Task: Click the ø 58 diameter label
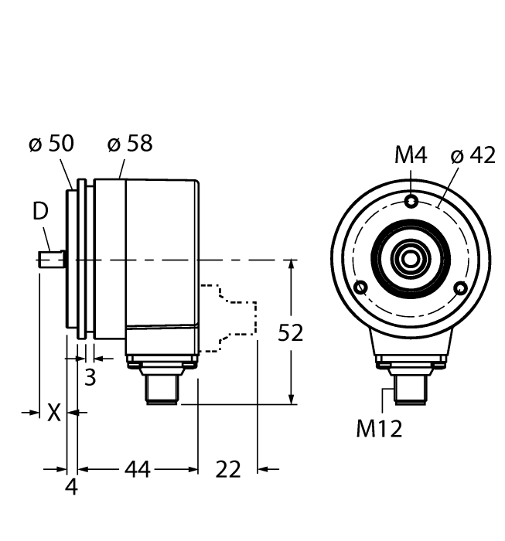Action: click(129, 144)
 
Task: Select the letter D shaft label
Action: click(39, 211)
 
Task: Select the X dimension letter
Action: click(53, 413)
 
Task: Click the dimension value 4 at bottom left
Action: click(71, 488)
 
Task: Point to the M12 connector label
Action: click(379, 429)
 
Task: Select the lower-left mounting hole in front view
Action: click(360, 288)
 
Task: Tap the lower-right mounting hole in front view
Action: click(462, 288)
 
